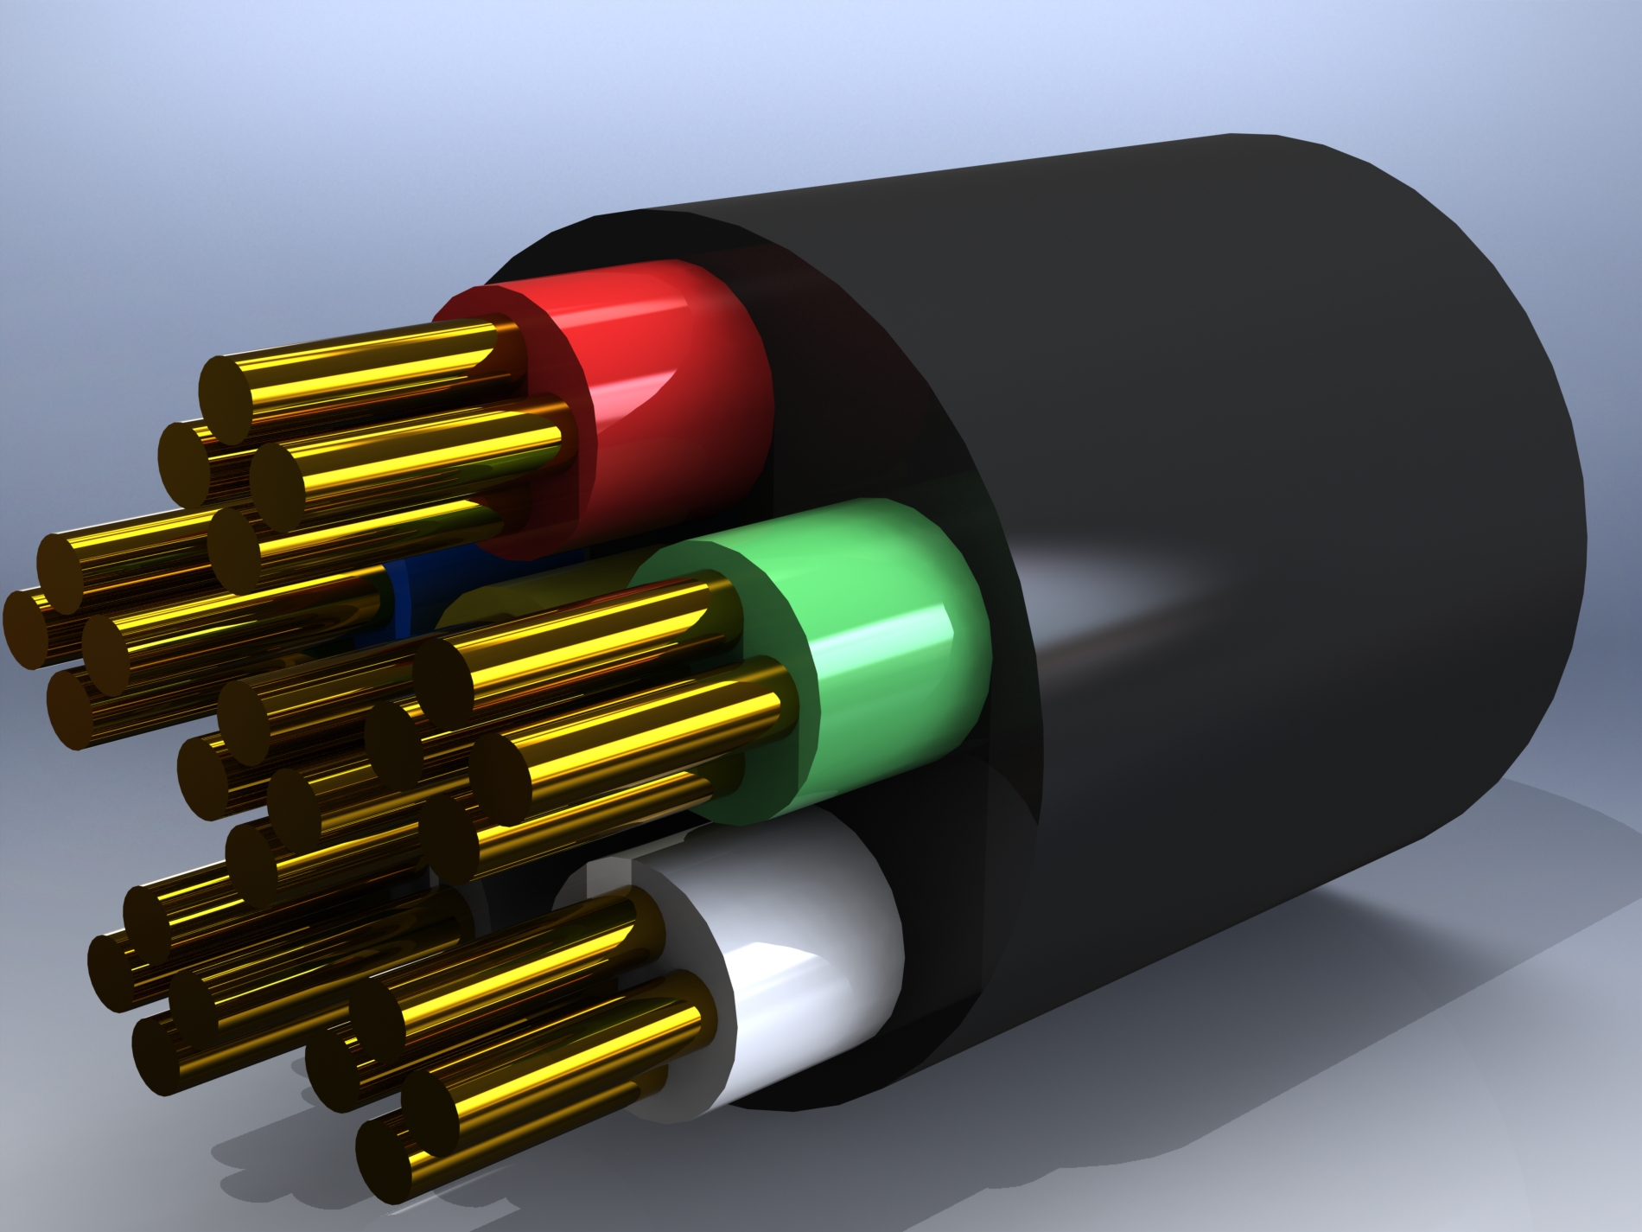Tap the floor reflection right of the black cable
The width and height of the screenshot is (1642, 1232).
point(1469,847)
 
